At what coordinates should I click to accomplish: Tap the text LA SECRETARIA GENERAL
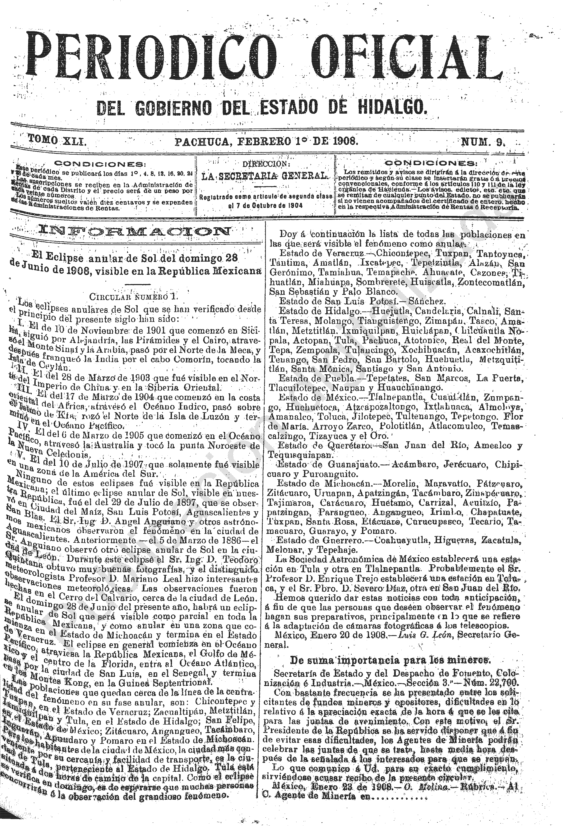(x=264, y=176)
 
